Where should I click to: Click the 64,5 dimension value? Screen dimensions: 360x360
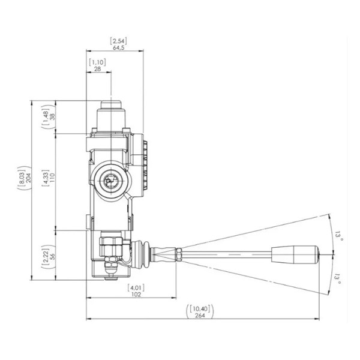(x=118, y=48)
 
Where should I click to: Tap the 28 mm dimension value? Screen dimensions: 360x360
(x=98, y=69)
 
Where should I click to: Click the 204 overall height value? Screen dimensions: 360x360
(x=29, y=178)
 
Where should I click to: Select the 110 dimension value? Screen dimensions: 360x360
(x=53, y=178)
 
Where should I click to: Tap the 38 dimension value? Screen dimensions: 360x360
(x=53, y=116)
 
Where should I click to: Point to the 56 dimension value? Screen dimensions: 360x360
(x=53, y=256)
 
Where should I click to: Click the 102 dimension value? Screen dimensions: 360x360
(x=136, y=295)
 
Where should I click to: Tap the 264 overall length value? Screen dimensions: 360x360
(x=200, y=316)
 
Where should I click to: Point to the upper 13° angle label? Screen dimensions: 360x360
(x=338, y=236)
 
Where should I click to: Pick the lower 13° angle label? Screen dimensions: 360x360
(x=337, y=278)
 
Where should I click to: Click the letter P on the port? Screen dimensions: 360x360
(x=108, y=182)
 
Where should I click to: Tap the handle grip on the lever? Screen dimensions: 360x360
(x=295, y=254)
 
